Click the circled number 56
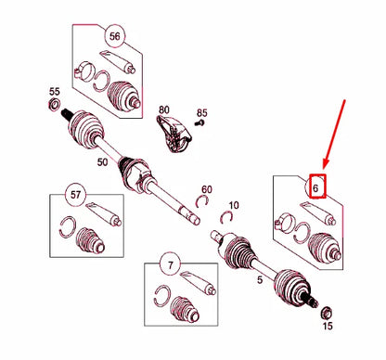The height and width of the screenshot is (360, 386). pos(114,36)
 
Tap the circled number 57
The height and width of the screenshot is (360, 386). pos(75,195)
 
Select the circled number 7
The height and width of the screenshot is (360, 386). pos(171,264)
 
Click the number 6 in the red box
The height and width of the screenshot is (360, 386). pos(315,187)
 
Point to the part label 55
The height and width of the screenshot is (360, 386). pos(55,92)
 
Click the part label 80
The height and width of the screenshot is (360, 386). pos(164,109)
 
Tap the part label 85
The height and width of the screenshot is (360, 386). pos(202,113)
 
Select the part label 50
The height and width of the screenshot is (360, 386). pos(102,162)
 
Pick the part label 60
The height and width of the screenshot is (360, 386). pos(207,189)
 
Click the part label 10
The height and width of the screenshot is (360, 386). pos(234,205)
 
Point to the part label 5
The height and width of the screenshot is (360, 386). pos(260,280)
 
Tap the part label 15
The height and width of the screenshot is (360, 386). pos(328,326)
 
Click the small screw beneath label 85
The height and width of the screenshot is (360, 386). pos(199,122)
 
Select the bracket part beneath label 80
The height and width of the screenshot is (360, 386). pos(174,134)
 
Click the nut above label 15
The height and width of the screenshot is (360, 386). pos(326,313)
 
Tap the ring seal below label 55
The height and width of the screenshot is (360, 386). pos(54,104)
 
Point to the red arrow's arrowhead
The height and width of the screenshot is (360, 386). pos(325,164)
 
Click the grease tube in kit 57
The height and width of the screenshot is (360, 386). pos(103,214)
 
